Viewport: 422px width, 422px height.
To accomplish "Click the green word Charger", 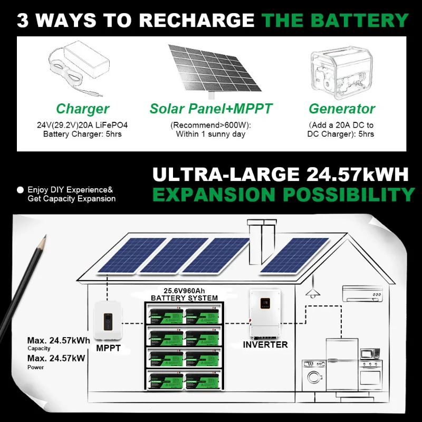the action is pos(82,109).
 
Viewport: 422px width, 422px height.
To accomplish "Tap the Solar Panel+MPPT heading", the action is pos(211,109).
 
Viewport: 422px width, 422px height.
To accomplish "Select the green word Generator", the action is pos(342,109).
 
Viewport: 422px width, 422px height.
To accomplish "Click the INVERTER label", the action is pos(265,345).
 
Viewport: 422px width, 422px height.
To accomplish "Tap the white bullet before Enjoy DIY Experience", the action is pos(21,189).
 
